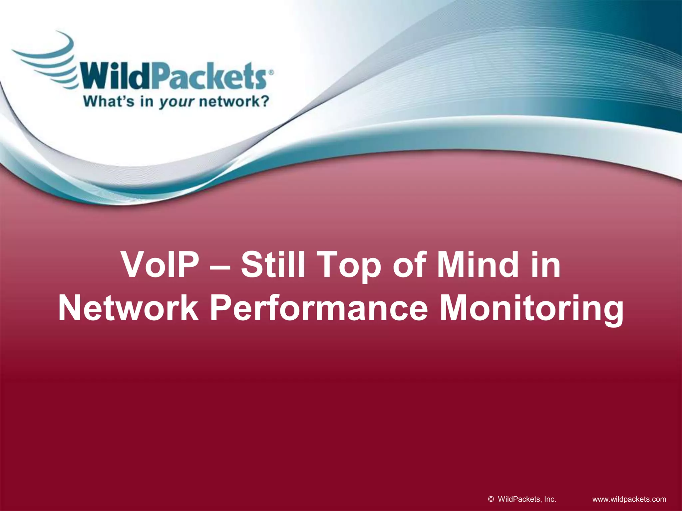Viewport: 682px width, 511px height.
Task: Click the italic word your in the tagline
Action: [x=176, y=102]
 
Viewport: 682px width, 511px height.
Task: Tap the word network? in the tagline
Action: [x=234, y=101]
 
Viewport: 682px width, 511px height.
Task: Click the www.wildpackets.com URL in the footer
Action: [x=629, y=499]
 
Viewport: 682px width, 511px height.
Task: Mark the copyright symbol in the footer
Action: [x=491, y=499]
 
